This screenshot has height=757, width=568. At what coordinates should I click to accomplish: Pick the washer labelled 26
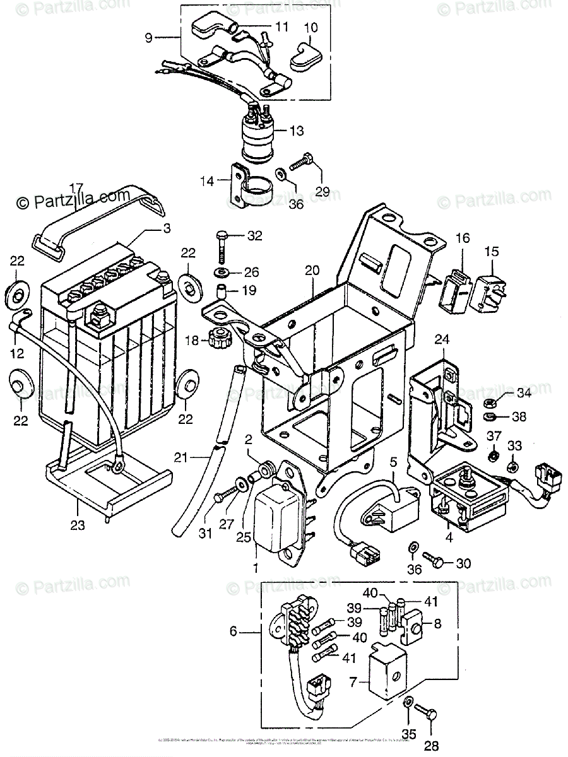click(x=222, y=272)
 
